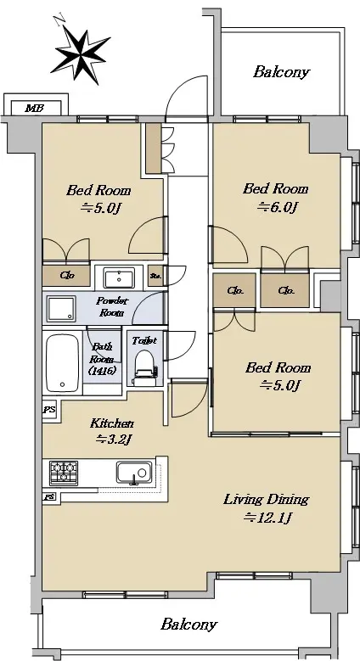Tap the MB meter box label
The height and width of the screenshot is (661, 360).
click(x=34, y=108)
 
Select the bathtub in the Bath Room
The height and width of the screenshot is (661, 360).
click(x=63, y=363)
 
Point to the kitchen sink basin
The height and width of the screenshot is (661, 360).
click(x=134, y=472)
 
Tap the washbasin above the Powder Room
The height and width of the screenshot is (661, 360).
click(x=119, y=278)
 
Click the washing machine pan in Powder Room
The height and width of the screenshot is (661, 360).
click(x=61, y=309)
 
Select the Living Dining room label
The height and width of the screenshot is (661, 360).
click(x=266, y=501)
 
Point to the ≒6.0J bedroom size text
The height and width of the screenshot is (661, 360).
click(x=278, y=207)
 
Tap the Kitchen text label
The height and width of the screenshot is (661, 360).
click(x=112, y=423)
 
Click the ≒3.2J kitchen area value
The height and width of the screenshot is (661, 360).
click(x=114, y=440)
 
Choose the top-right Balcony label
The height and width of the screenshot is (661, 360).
click(x=281, y=72)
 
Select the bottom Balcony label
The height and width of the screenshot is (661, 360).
click(x=188, y=624)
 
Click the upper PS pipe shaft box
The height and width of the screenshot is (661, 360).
click(x=49, y=409)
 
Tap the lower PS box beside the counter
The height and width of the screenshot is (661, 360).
click(x=49, y=497)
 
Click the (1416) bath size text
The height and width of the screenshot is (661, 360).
click(x=102, y=371)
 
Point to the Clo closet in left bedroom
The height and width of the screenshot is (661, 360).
click(x=67, y=276)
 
